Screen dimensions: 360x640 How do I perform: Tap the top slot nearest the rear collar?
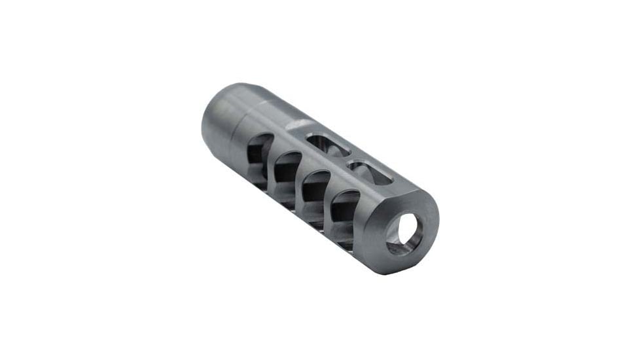pyautogui.click(x=327, y=145)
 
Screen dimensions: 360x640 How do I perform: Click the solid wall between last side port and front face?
pyautogui.click(x=366, y=229)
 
